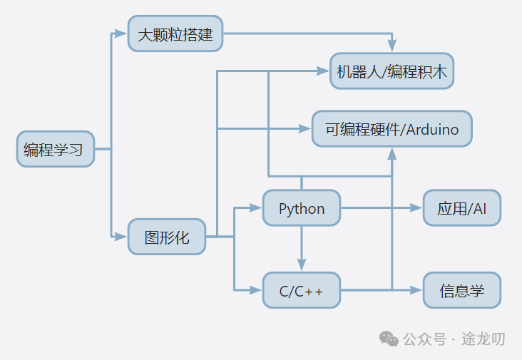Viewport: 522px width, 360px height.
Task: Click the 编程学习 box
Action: pyautogui.click(x=56, y=149)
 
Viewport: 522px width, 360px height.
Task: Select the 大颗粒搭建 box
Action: pyautogui.click(x=175, y=34)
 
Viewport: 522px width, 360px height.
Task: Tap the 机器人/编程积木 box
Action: pyautogui.click(x=391, y=71)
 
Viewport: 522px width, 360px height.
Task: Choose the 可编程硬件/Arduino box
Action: pyautogui.click(x=391, y=129)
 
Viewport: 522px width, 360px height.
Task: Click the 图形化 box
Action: pyautogui.click(x=167, y=237)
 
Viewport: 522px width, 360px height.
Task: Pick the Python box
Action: pyautogui.click(x=301, y=208)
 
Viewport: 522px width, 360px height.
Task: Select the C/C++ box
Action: pyautogui.click(x=301, y=290)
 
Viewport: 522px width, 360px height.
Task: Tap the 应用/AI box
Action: pyautogui.click(x=461, y=208)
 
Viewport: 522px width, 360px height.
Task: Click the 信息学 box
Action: pyautogui.click(x=461, y=290)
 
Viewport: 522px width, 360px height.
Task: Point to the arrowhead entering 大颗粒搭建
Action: pyautogui.click(x=123, y=34)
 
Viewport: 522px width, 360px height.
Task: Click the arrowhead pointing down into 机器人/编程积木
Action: pyautogui.click(x=391, y=48)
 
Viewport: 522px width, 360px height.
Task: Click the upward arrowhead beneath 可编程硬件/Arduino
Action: pyautogui.click(x=391, y=153)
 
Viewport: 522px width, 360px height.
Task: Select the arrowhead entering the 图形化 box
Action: pyautogui.click(x=123, y=237)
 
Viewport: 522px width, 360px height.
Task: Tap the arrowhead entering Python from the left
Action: pyautogui.click(x=257, y=208)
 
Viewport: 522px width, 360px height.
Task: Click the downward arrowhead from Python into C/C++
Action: pyautogui.click(x=301, y=267)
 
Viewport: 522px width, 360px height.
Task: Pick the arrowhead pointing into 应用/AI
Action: pyautogui.click(x=418, y=208)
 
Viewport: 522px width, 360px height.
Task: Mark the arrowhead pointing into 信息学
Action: pyautogui.click(x=418, y=290)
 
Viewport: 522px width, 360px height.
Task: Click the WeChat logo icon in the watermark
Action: pyautogui.click(x=389, y=339)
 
